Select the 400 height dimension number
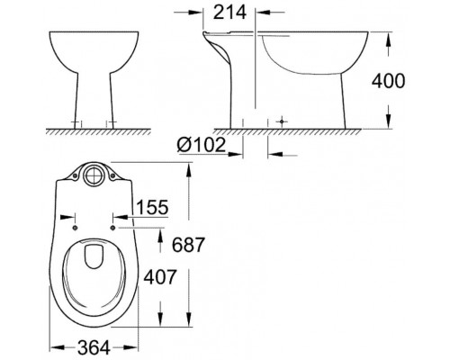(x=421, y=80)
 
